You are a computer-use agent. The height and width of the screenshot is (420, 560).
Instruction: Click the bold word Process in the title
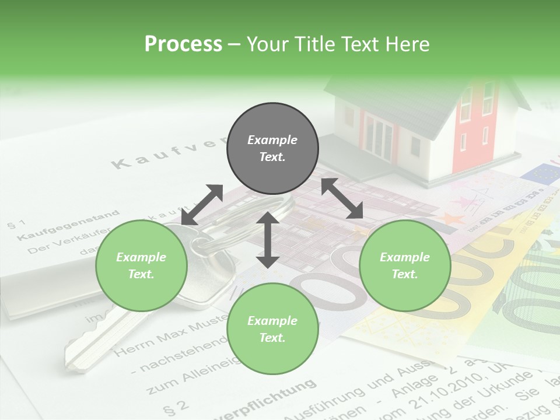[183, 44]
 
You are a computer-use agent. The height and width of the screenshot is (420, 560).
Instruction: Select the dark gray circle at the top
[272, 148]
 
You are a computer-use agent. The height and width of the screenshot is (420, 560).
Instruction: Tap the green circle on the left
[141, 265]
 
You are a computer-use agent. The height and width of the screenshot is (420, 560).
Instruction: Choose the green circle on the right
[405, 265]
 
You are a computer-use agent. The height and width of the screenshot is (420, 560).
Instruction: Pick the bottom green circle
[272, 329]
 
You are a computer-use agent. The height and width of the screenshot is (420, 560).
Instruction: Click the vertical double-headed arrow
[268, 240]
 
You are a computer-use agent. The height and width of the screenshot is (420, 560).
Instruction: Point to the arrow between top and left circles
[202, 205]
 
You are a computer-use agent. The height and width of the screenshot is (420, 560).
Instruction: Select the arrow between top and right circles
[342, 198]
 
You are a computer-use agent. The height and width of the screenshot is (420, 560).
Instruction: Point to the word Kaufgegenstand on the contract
[68, 227]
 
